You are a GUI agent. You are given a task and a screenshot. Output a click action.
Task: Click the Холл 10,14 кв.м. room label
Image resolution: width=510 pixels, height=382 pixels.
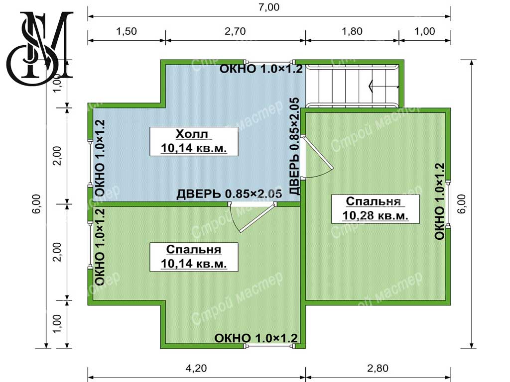[x=194, y=141]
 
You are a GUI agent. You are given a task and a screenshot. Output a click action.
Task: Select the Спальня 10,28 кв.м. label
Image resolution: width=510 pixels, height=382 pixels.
[x=376, y=208]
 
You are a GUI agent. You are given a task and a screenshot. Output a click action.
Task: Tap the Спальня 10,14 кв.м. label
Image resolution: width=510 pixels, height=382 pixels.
[x=194, y=257]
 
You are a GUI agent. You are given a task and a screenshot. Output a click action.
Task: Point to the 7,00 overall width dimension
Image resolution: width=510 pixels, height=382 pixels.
[x=269, y=7]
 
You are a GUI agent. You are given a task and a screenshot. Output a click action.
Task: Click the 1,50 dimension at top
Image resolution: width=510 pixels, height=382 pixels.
[x=127, y=31]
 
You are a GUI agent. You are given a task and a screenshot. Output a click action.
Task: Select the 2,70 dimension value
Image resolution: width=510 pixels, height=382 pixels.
[x=235, y=31]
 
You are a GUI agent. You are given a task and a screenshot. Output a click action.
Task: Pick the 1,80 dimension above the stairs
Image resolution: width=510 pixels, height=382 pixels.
[x=352, y=31]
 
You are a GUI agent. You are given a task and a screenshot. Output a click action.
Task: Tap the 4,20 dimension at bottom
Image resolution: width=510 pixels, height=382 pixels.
[x=196, y=368]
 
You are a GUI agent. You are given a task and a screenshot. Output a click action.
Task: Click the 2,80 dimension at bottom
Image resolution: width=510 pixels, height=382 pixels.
[x=378, y=368]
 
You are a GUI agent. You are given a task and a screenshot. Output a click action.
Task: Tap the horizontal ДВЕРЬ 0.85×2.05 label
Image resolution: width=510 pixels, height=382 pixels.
[x=229, y=194]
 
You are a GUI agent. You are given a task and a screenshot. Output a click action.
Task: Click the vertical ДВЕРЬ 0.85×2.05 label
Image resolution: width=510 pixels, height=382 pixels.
[x=294, y=146]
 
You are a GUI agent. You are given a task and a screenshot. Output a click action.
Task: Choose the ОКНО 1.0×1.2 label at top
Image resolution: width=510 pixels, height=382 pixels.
[x=261, y=69]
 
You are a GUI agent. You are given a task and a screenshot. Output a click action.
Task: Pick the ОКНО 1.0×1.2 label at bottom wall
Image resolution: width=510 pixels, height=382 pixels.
[x=256, y=338]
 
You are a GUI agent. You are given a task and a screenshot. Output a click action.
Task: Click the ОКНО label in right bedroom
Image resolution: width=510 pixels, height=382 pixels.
[x=439, y=201]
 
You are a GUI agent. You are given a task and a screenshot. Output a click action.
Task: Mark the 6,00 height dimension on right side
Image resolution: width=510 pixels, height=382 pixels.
[x=462, y=203]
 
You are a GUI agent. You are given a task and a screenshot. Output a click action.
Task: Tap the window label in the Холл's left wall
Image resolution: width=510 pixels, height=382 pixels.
[x=100, y=158]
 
